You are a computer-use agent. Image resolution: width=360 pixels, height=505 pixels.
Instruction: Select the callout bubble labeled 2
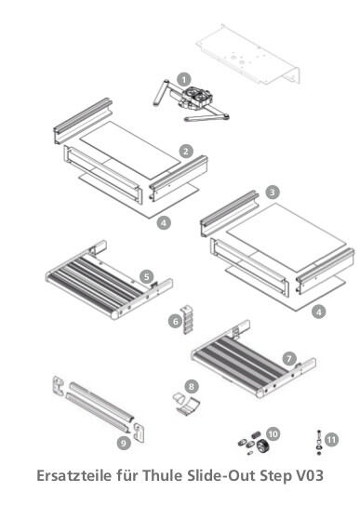click(x=186, y=150)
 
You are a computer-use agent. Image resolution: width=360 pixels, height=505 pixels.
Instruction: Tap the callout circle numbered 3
click(x=271, y=192)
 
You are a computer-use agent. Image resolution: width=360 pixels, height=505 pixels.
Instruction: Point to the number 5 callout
click(x=146, y=276)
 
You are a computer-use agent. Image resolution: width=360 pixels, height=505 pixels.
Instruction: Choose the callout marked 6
click(x=174, y=321)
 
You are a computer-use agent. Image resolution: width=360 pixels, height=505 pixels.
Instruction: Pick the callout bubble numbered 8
click(x=191, y=385)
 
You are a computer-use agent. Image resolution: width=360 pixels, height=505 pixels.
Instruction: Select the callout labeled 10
click(x=273, y=433)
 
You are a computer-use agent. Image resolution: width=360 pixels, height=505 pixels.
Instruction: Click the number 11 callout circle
click(x=332, y=438)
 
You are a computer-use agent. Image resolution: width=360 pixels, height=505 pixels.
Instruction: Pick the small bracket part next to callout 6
click(x=187, y=315)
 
